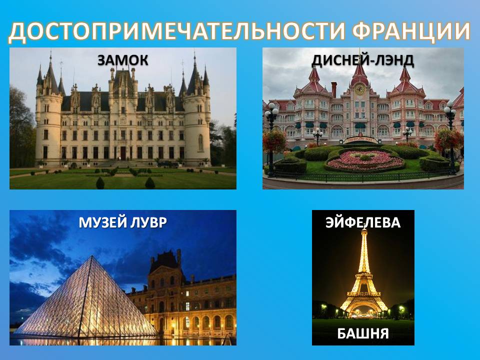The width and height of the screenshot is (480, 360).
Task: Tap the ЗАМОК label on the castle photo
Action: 123,60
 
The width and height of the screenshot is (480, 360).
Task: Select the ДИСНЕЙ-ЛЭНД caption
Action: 363,60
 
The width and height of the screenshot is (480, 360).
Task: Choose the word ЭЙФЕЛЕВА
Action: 363,222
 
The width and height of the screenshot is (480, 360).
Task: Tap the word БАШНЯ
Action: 363,333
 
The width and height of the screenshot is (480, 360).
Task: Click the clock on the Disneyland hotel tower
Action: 359,89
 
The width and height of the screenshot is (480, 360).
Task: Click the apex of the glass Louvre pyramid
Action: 92,256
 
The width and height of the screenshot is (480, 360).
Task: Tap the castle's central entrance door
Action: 123,153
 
